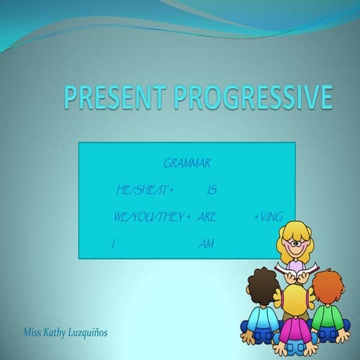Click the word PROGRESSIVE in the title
pyautogui.click(x=253, y=98)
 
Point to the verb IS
pyautogui.click(x=211, y=190)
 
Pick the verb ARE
pyautogui.click(x=208, y=217)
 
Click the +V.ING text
pyautogui.click(x=268, y=217)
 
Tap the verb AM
pyautogui.click(x=207, y=244)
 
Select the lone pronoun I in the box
pyautogui.click(x=112, y=244)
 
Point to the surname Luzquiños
pyautogui.click(x=101, y=331)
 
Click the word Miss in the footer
pyautogui.click(x=34, y=331)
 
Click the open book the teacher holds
pyautogui.click(x=296, y=267)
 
